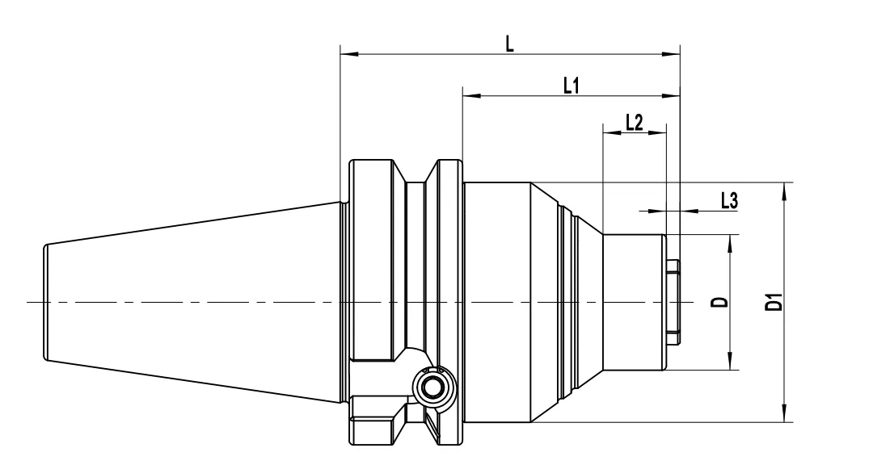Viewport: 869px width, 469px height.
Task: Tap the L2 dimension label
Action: tap(634, 121)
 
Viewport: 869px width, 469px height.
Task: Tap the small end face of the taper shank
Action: tap(44, 302)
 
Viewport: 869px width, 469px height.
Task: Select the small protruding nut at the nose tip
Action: tap(673, 302)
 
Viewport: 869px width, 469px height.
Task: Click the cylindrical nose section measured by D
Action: tap(635, 302)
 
